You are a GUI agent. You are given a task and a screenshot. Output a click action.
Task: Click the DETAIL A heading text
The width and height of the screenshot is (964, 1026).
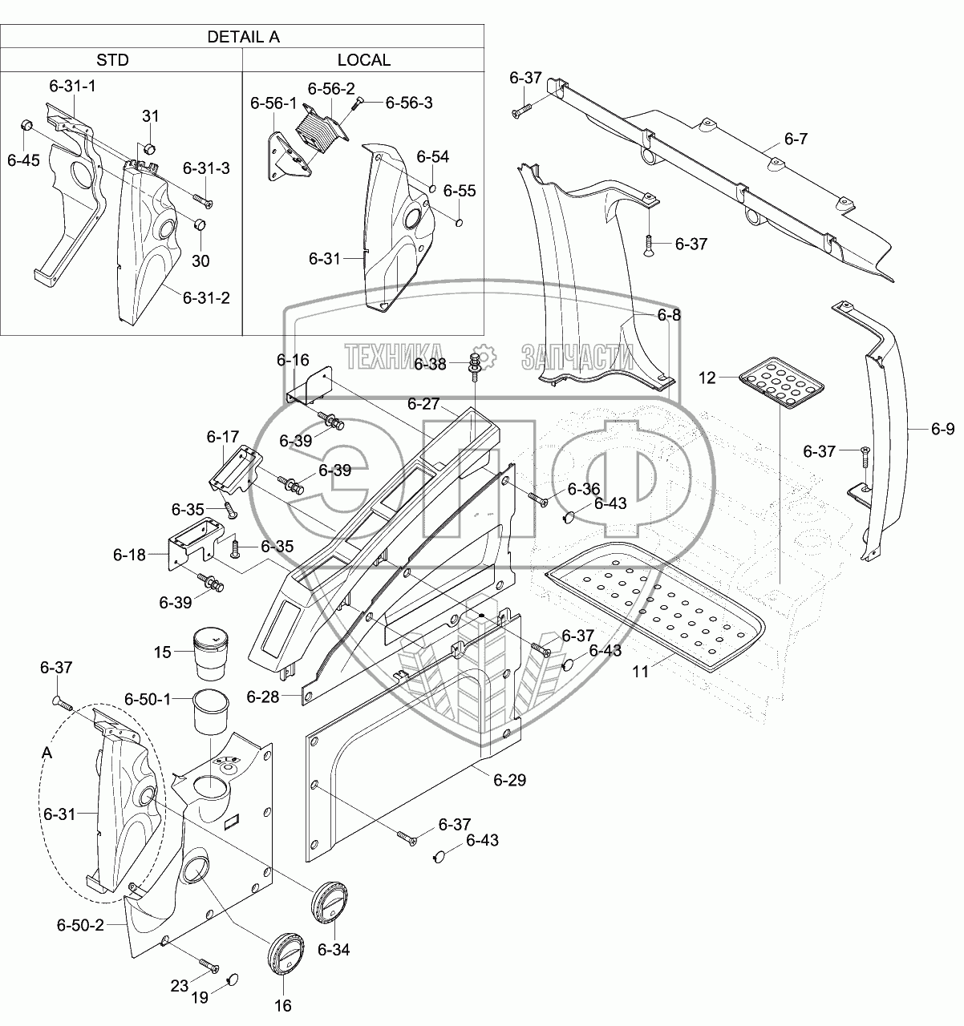point(243,37)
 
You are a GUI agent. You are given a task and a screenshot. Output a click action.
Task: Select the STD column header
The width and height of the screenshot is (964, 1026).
point(113,60)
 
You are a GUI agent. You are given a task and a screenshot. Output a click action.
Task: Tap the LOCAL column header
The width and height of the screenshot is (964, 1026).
point(364,60)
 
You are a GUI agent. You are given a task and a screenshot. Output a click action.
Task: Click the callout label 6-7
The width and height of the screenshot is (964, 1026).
point(796,139)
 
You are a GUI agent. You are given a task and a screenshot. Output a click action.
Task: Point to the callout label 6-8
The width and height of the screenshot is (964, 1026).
point(669,315)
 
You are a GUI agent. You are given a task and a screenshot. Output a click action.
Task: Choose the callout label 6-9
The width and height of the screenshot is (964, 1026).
point(943,428)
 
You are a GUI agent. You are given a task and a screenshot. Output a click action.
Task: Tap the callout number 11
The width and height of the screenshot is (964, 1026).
point(640,672)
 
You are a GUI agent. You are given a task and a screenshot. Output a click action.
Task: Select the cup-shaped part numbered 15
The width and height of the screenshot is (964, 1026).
point(210,654)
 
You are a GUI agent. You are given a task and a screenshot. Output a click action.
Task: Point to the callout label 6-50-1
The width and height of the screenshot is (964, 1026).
point(148,699)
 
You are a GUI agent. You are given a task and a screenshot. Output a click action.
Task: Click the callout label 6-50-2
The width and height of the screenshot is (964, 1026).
point(81,925)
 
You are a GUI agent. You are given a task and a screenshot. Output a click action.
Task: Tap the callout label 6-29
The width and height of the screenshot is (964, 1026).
point(509,780)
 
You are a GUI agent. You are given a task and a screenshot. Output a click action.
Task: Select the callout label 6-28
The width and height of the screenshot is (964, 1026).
point(262,697)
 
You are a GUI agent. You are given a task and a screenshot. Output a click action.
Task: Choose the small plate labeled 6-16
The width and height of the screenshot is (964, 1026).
point(310,386)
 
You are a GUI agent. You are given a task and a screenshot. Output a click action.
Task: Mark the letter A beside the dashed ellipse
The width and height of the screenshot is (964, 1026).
point(47,753)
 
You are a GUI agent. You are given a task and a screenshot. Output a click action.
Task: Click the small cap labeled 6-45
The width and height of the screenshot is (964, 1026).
point(26,125)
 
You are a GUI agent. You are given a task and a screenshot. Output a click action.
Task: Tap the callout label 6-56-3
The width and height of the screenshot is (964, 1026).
point(409,103)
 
